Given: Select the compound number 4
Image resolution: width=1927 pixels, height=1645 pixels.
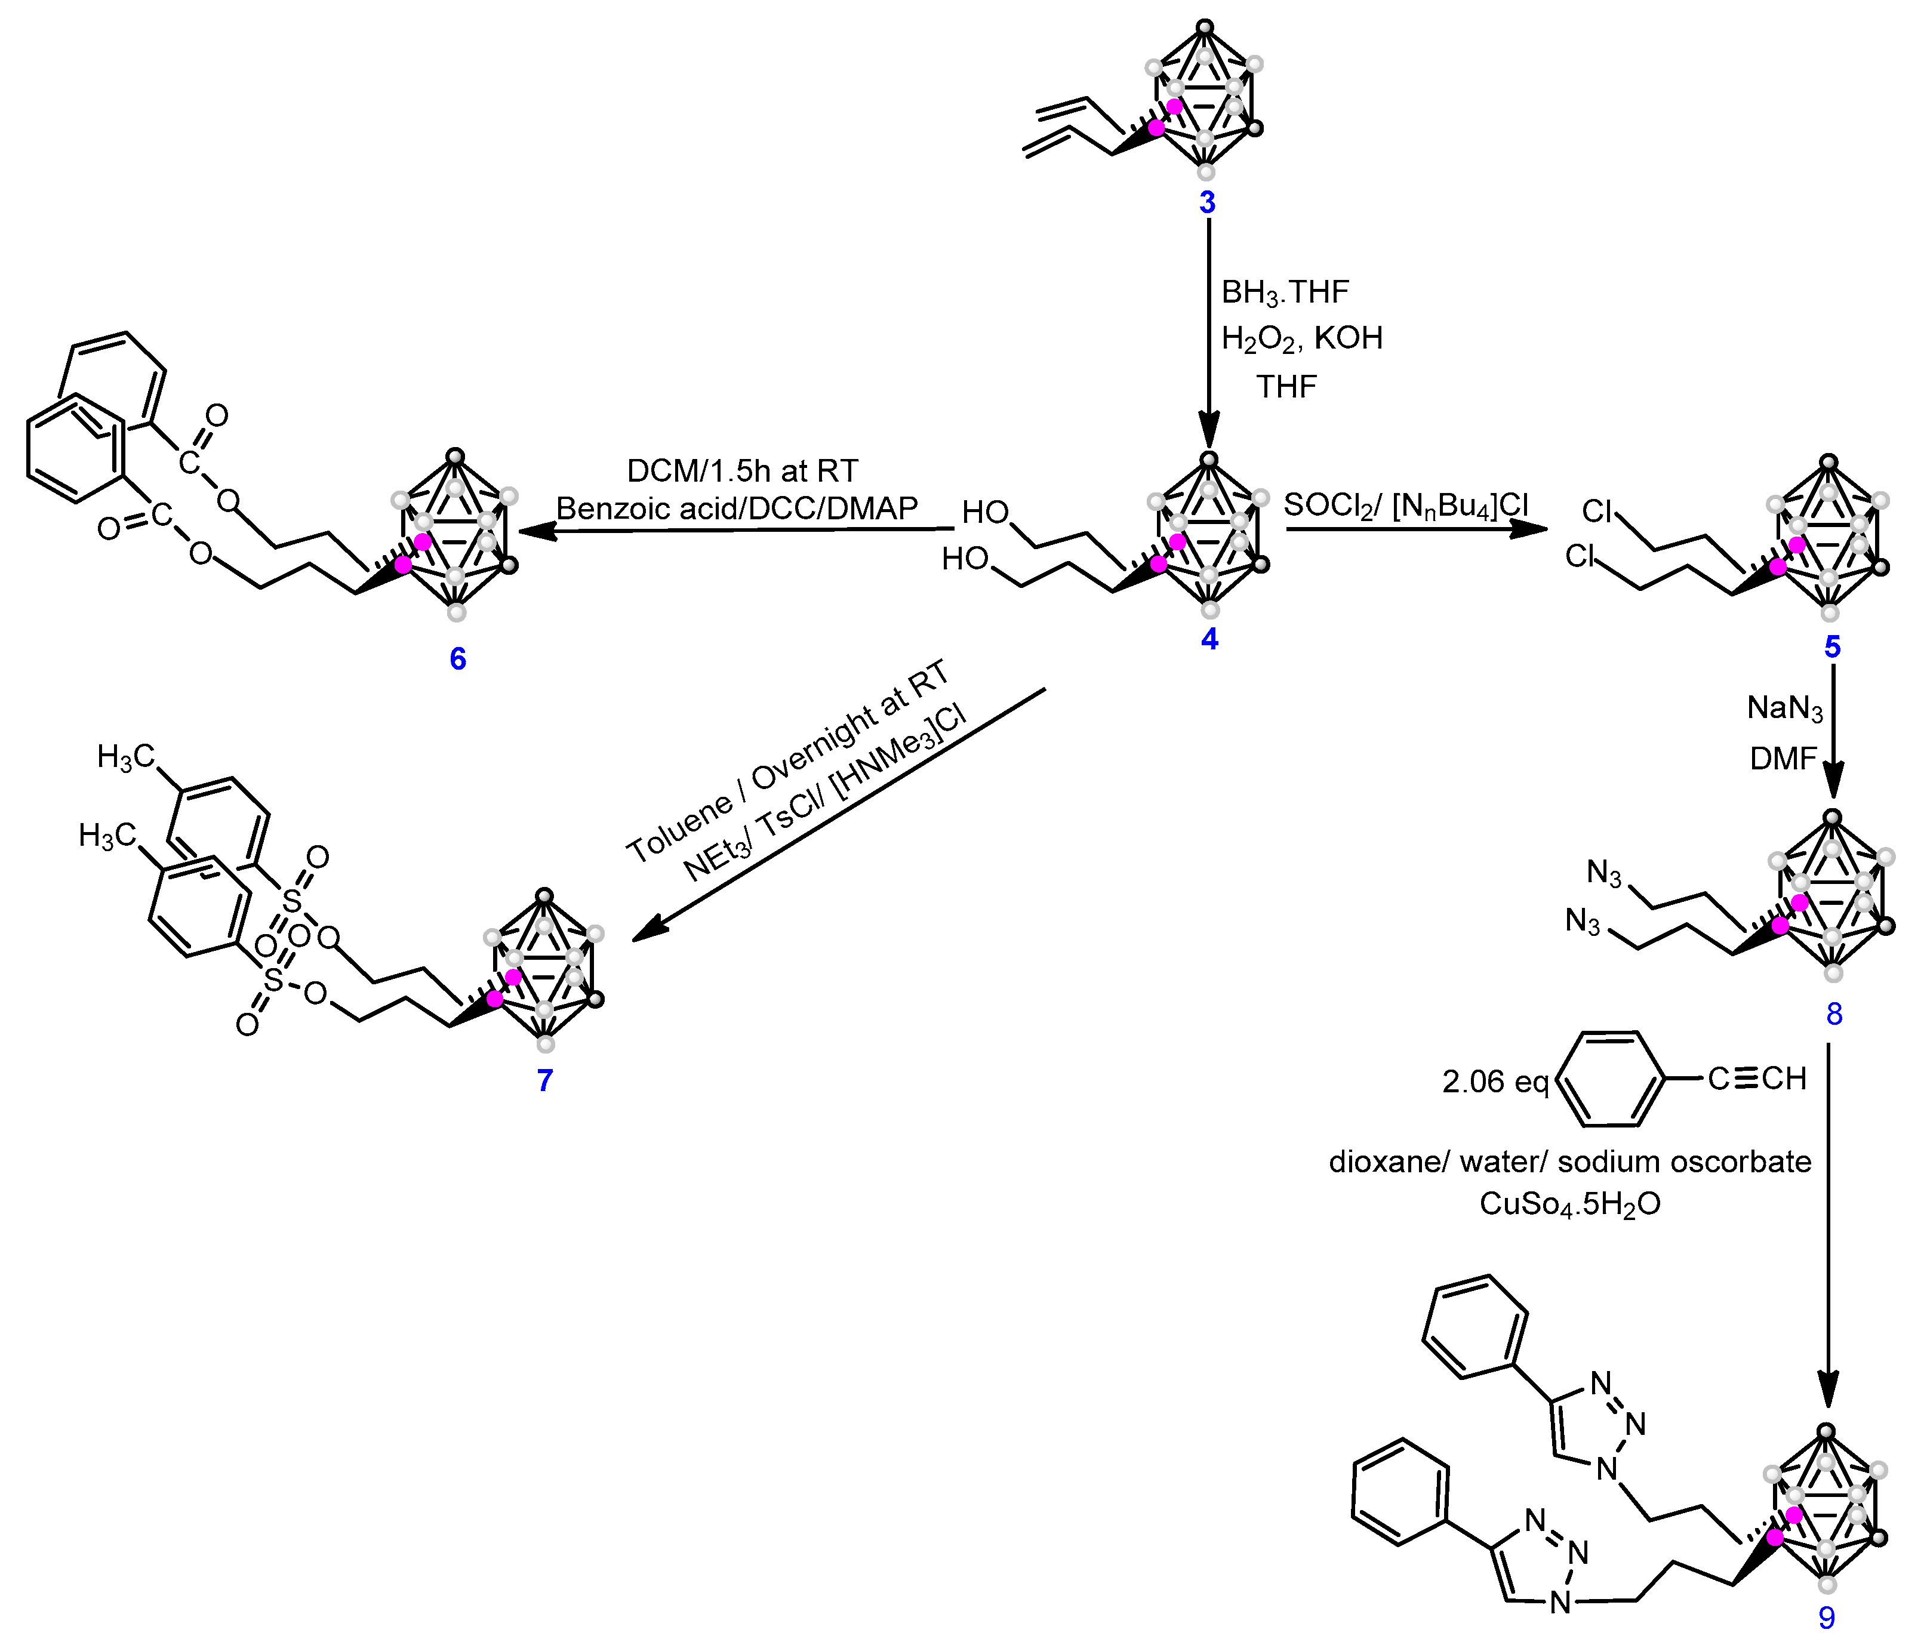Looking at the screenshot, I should click(1209, 639).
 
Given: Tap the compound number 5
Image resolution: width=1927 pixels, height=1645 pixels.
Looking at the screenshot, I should click(1832, 646).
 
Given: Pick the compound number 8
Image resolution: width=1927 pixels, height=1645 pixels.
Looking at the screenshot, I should click(1834, 1014).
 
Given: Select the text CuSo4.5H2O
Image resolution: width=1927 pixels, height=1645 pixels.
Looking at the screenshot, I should click(1570, 1205).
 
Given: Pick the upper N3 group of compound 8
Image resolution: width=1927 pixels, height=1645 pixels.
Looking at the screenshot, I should click(1603, 873).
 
